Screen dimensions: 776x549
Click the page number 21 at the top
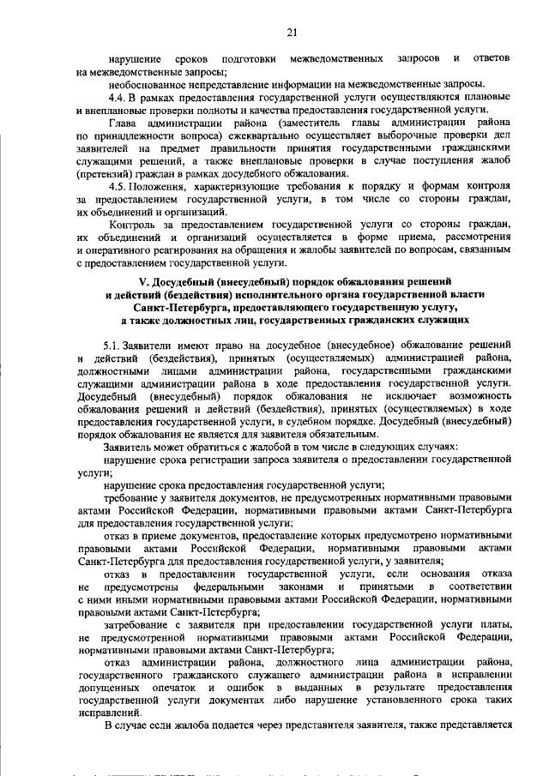coord(291,33)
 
